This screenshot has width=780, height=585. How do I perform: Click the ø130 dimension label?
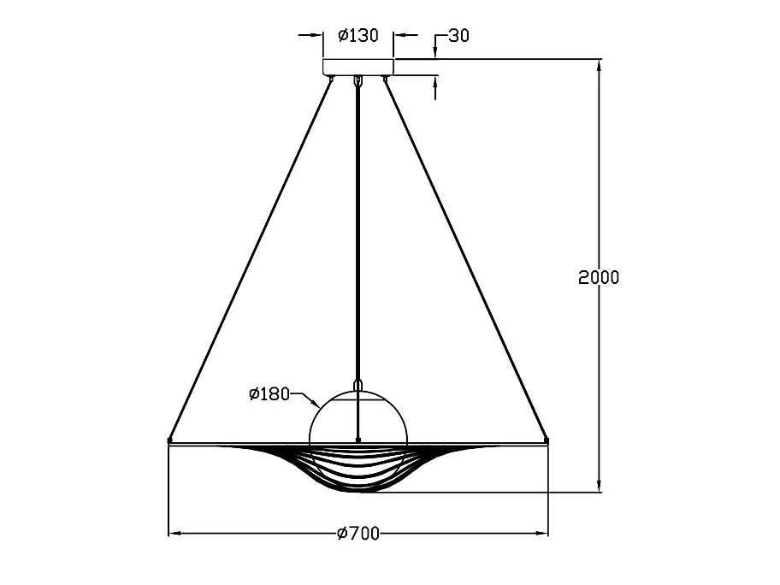358,35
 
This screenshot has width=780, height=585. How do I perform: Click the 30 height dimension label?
458,36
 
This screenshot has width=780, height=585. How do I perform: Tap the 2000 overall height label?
599,277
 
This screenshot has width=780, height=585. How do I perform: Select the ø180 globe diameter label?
269,394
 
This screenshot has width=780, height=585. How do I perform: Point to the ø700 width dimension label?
358,534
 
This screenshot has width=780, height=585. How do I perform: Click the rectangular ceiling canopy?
358,67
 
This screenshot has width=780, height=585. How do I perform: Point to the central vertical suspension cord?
357,233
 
